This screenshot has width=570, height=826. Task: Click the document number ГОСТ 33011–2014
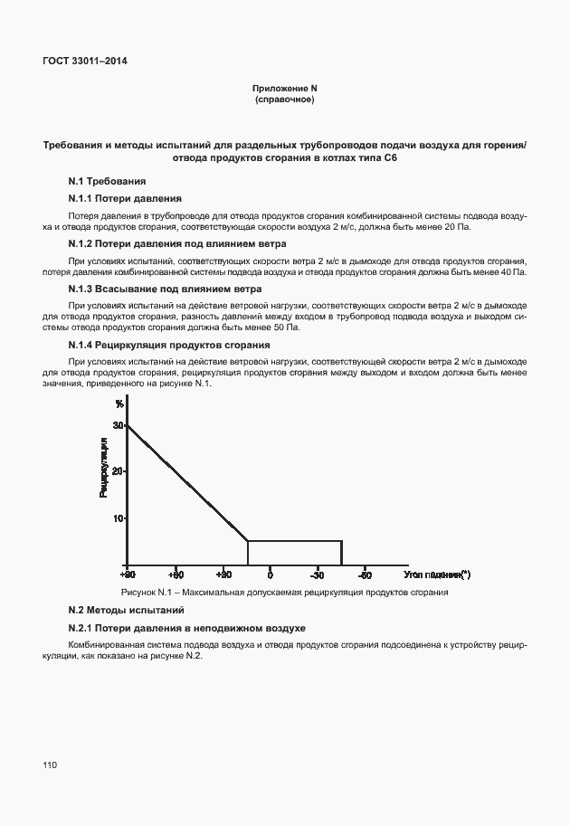click(x=85, y=62)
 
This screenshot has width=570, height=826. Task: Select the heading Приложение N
click(x=285, y=88)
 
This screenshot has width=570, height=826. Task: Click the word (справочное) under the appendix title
click(x=285, y=99)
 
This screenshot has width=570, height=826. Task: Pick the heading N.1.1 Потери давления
click(x=125, y=197)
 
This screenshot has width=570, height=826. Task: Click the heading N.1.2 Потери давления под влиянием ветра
click(x=177, y=243)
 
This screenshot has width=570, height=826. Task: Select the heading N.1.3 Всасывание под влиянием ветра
click(x=166, y=290)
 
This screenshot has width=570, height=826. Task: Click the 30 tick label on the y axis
click(x=118, y=424)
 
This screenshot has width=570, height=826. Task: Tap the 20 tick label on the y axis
click(x=118, y=471)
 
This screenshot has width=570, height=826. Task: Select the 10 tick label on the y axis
click(x=118, y=518)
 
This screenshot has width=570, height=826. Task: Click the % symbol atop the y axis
click(x=119, y=404)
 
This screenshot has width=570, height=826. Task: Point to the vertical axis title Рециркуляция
click(x=104, y=467)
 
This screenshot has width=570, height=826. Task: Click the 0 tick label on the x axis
click(x=270, y=574)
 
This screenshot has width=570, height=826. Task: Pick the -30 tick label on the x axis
click(x=317, y=574)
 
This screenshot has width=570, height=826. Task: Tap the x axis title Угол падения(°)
click(x=438, y=574)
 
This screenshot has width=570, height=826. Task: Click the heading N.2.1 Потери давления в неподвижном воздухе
click(x=187, y=628)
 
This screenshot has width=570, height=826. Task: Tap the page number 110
click(x=50, y=765)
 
